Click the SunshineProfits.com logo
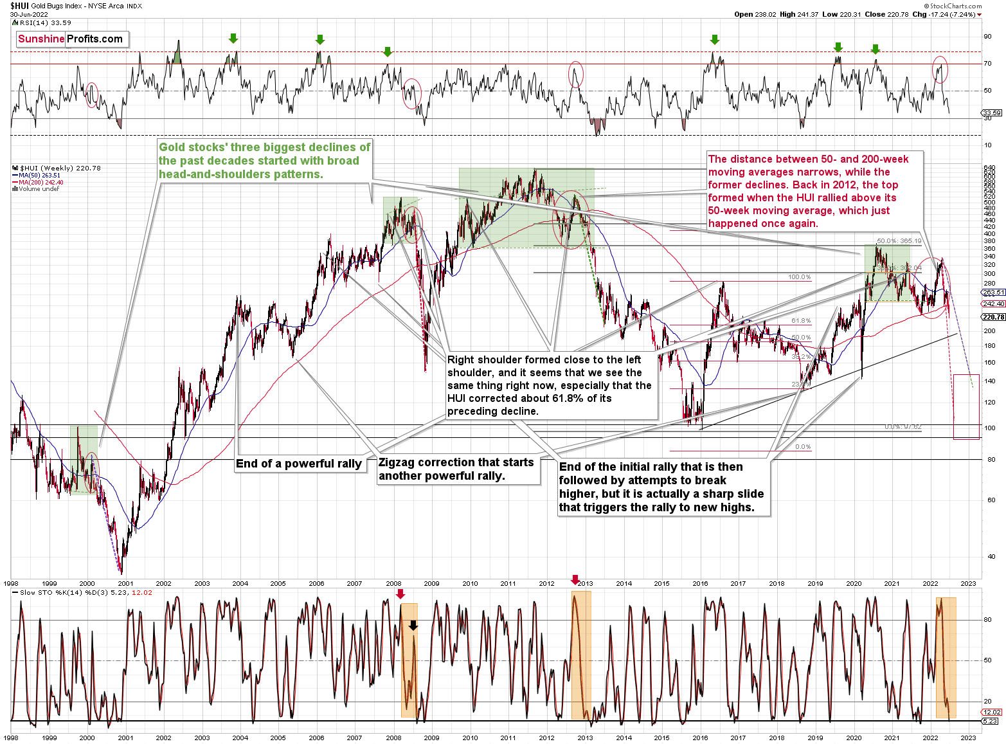click(71, 39)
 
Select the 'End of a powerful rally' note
click(299, 464)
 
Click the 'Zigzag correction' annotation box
click(457, 469)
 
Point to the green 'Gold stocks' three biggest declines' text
click(264, 161)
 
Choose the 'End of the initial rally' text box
click(661, 487)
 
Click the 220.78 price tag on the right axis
click(993, 317)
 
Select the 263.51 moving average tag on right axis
click(993, 292)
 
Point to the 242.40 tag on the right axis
click(993, 304)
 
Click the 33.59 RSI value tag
click(992, 113)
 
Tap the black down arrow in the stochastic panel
click(413, 625)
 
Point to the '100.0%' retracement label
click(799, 277)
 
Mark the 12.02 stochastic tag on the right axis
click(992, 712)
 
